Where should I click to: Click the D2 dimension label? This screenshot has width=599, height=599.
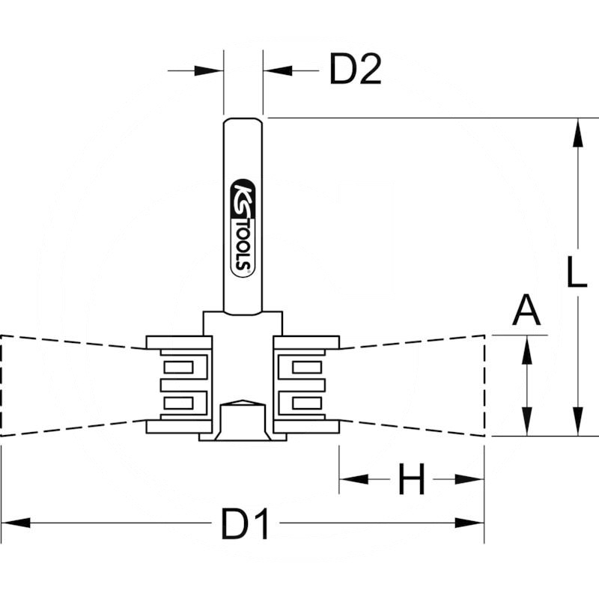[x=356, y=71]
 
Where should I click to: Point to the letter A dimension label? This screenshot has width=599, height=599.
[x=526, y=310]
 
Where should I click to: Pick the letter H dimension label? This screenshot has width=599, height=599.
[x=412, y=480]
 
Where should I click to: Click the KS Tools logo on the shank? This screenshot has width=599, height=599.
[x=243, y=225]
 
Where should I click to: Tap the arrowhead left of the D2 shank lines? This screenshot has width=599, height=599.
[x=212, y=71]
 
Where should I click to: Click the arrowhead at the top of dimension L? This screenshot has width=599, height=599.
[x=578, y=135]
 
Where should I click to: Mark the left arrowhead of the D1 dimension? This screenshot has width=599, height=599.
[x=15, y=522]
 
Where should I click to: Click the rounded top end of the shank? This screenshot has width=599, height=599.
[x=243, y=121]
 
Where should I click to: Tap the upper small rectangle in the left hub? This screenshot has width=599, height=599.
[x=178, y=367]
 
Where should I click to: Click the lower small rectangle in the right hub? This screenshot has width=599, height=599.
[x=305, y=403]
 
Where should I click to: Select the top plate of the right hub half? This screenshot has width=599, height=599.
[x=307, y=342]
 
